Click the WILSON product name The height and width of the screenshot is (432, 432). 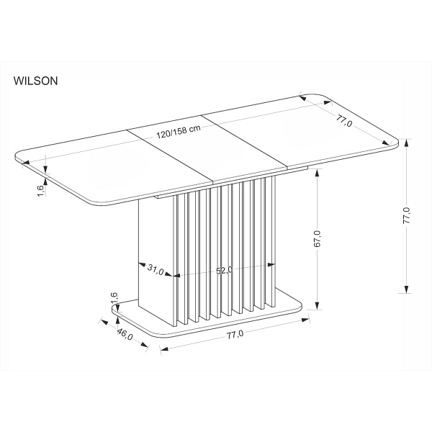(35, 81)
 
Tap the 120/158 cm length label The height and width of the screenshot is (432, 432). (179, 132)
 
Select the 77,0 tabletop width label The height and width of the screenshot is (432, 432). (344, 120)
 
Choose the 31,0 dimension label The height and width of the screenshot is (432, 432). (156, 269)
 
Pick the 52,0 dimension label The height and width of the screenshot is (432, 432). (224, 271)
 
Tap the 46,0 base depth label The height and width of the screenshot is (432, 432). (125, 334)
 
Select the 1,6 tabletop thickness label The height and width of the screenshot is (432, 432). (40, 191)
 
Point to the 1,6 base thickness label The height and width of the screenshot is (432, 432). (114, 298)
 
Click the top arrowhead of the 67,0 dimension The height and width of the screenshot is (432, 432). (317, 173)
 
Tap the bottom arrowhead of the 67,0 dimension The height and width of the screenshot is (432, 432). (317, 305)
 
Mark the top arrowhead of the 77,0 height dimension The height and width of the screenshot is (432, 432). (406, 143)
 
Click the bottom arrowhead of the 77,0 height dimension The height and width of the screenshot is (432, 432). (406, 289)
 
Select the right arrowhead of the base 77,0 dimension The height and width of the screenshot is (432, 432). (305, 320)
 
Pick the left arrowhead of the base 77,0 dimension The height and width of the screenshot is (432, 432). (164, 348)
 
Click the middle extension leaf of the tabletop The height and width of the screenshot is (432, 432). (208, 149)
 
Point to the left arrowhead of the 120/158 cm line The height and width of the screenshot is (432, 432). (26, 163)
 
